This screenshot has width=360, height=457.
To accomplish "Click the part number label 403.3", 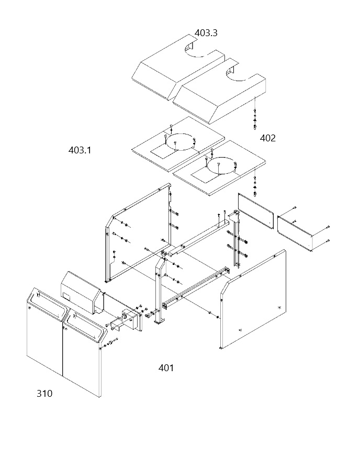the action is pos(206,33).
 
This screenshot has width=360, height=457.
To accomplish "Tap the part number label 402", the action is pos(267,138).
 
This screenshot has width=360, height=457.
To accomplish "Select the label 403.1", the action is pos(80,150).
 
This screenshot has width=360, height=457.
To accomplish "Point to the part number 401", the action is pos(166,368).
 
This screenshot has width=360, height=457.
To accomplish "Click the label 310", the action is pos(44,394).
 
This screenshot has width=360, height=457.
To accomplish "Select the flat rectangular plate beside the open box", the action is pos(256,211).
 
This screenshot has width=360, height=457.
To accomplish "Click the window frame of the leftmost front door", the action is pos(47,304).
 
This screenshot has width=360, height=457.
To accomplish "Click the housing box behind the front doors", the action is pos(82,292).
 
